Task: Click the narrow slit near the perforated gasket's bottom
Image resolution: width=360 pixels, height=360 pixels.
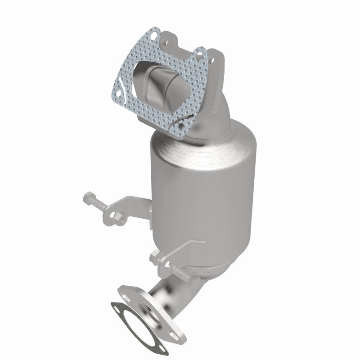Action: [x=185, y=119]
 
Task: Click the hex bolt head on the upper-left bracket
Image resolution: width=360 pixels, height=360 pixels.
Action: [x=88, y=197]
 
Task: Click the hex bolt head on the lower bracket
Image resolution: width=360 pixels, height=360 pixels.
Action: [x=153, y=257]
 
